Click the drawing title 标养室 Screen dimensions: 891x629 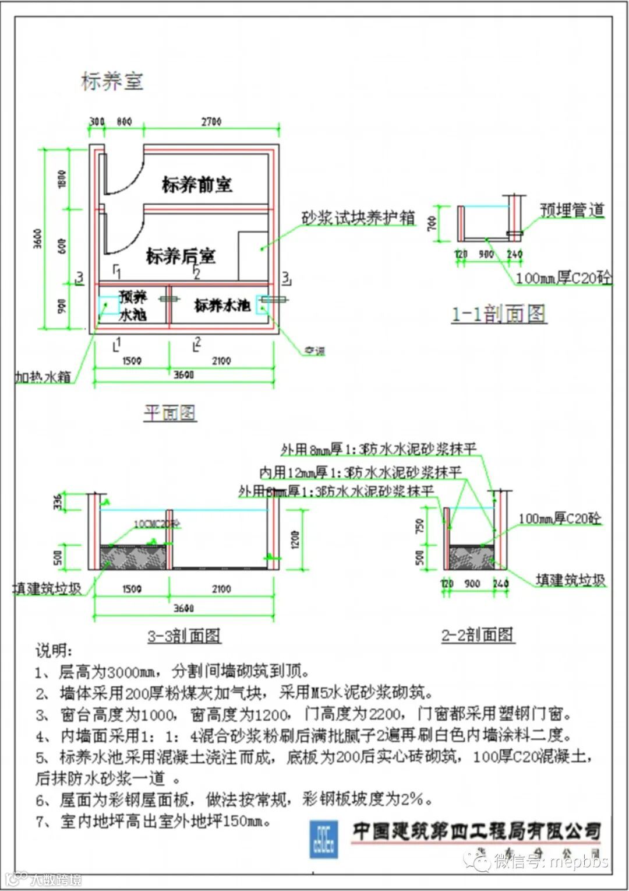point(112,82)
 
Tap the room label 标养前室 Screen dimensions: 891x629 point(197,185)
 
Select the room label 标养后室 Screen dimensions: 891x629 point(181,256)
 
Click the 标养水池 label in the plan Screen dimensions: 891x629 point(222,305)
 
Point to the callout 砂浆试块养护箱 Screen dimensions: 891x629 point(358,218)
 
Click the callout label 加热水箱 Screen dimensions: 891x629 point(43,377)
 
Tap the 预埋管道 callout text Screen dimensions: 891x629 point(572,210)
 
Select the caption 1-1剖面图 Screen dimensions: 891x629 point(499,314)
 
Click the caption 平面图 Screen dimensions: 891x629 point(169,413)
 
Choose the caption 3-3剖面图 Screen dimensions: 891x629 point(184,635)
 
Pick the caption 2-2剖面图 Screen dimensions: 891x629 point(477,634)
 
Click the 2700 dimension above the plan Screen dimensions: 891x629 point(211,122)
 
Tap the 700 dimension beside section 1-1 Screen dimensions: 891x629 point(432,223)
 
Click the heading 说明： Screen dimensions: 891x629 point(54,651)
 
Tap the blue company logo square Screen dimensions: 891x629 point(323,839)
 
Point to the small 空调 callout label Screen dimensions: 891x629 point(314,351)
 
